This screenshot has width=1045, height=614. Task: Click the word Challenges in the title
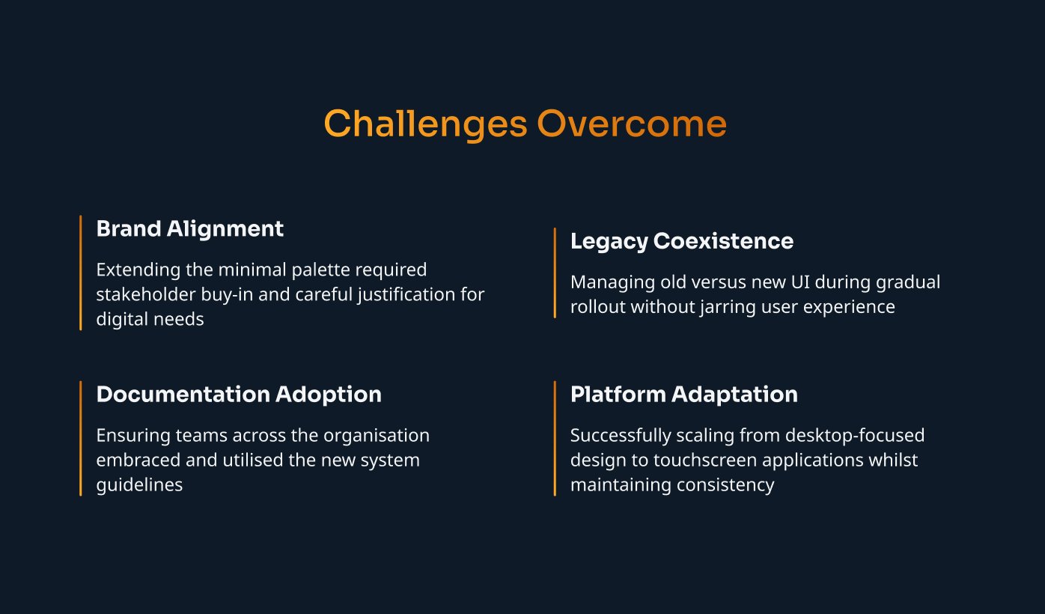(x=425, y=124)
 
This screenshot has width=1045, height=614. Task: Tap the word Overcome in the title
(x=632, y=124)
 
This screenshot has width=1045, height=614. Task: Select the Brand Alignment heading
(x=190, y=229)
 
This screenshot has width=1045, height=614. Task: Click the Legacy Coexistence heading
(x=682, y=241)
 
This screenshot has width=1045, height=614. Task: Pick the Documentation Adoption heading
(x=239, y=395)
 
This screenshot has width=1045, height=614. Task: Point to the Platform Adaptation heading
(x=684, y=395)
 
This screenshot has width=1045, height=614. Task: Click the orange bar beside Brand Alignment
(x=80, y=273)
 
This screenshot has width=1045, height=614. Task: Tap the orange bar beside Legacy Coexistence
(x=555, y=273)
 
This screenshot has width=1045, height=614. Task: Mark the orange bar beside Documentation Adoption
(x=80, y=438)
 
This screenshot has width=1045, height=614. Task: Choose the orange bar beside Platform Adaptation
(x=555, y=438)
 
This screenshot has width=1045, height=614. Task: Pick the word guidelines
(x=139, y=485)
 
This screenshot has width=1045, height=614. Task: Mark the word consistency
(x=725, y=485)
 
